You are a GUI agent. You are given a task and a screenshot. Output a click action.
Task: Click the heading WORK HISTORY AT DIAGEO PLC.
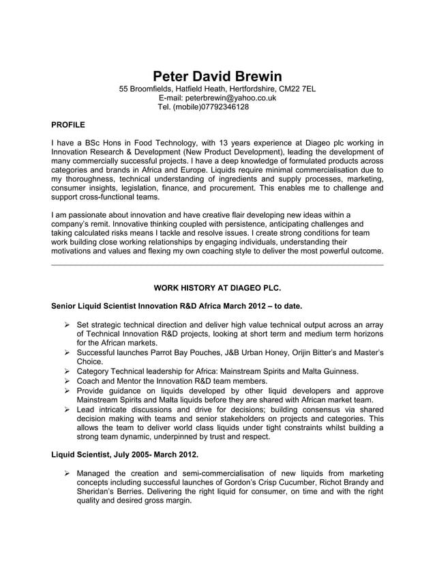217,287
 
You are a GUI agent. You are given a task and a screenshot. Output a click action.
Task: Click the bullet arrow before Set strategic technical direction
67,324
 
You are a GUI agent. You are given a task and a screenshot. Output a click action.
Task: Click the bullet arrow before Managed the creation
67,473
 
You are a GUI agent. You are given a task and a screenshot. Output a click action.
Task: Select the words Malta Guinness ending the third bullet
329,371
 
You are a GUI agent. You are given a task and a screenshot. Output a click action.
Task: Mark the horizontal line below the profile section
217,265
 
